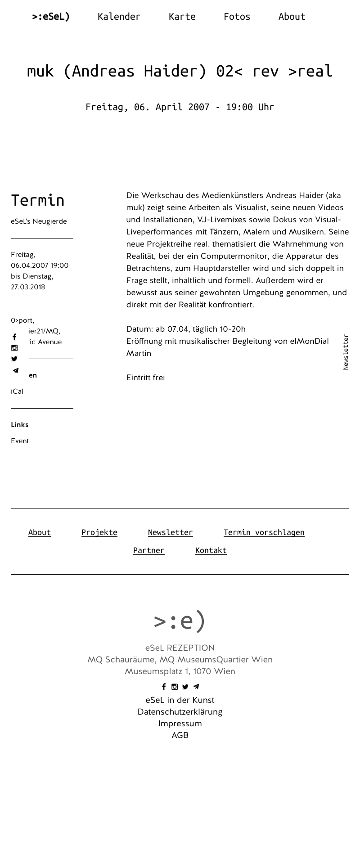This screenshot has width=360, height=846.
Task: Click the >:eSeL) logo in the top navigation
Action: (x=51, y=17)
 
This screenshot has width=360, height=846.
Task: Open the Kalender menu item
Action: (x=119, y=17)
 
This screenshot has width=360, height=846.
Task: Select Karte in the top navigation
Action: (x=182, y=17)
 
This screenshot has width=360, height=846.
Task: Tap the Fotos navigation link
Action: (x=237, y=17)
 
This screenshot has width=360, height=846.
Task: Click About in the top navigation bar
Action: (x=292, y=17)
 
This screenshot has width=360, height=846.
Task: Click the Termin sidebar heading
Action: (x=38, y=200)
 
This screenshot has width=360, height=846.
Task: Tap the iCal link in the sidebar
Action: (x=17, y=391)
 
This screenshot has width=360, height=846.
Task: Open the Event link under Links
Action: (x=20, y=441)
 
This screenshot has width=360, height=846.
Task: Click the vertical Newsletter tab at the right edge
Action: (x=346, y=352)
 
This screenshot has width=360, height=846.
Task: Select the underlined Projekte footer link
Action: (x=99, y=532)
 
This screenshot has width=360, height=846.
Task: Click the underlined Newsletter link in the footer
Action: (x=170, y=532)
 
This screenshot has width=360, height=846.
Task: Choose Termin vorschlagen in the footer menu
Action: (x=264, y=532)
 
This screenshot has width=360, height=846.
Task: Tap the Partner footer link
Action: (x=148, y=550)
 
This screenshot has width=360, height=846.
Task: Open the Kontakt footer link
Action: (x=211, y=550)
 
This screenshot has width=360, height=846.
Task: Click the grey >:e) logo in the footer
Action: (x=180, y=621)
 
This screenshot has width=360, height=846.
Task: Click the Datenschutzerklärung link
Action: (x=180, y=712)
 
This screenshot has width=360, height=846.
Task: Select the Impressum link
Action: (x=180, y=724)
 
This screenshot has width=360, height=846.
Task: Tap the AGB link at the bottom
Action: (x=180, y=735)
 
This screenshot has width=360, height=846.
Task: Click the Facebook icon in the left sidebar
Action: (x=14, y=337)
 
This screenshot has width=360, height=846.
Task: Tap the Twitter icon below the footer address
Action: (x=185, y=687)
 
